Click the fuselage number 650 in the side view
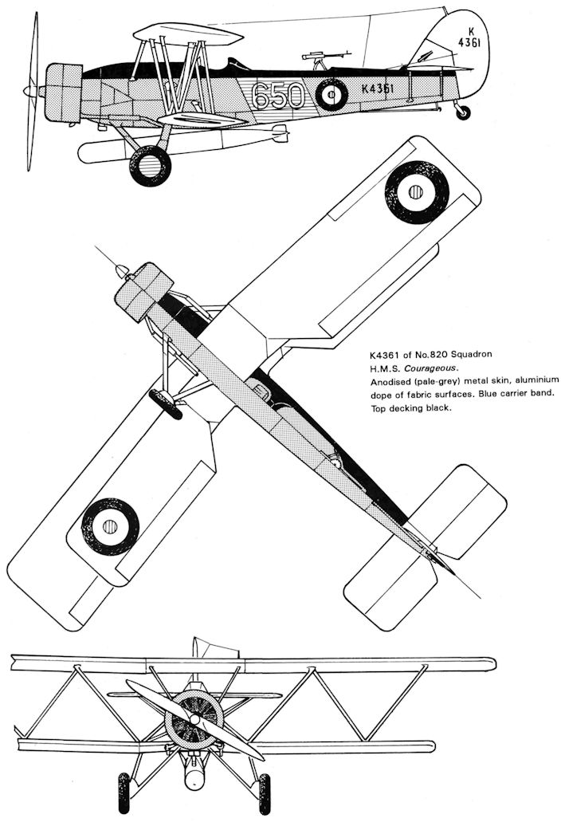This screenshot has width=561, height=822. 278,96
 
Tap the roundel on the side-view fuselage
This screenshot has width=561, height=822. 331,95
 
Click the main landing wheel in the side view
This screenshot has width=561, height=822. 150,166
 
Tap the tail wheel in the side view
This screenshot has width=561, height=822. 463,112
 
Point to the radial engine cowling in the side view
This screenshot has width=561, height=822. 64,92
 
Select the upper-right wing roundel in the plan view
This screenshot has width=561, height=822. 417,191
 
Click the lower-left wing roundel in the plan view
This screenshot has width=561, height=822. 110,526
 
